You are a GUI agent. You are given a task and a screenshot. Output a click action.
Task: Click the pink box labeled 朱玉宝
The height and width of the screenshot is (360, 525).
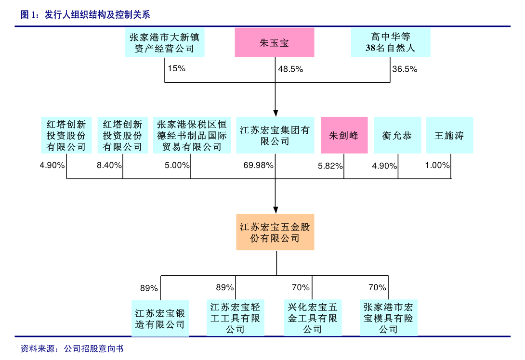275,42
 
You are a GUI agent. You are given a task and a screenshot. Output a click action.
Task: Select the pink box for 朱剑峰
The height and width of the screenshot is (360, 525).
344,135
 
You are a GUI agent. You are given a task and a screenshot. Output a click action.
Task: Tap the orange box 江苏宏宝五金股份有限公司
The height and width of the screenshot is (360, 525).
275,232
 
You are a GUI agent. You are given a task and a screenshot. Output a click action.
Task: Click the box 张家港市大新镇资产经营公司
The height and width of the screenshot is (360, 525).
165,42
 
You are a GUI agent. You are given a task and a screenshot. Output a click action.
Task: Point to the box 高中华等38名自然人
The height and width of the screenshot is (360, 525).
391,42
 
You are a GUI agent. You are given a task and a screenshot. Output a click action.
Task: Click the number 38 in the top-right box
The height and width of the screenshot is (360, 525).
370,48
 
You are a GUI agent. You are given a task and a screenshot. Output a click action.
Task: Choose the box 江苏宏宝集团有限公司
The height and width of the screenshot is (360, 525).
275,135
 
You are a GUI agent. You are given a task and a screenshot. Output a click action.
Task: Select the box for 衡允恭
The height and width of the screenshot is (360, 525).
397,135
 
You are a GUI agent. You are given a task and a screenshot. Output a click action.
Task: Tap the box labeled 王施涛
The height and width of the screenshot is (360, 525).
449,135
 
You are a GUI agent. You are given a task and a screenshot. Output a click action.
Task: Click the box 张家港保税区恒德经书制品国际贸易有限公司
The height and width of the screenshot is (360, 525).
192,135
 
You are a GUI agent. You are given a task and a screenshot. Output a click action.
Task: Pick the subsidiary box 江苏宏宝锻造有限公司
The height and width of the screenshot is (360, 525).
160,318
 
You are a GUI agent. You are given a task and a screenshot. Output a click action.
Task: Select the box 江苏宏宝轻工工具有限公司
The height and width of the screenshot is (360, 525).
236,318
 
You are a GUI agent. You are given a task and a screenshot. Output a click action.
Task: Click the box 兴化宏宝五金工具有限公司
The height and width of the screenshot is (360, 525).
313,318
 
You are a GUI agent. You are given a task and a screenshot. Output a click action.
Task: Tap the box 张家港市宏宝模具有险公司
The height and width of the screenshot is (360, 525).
388,318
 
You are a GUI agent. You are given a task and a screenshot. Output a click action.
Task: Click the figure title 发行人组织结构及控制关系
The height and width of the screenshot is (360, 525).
98,15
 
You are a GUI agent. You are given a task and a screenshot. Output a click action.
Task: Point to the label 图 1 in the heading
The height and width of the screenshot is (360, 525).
29,15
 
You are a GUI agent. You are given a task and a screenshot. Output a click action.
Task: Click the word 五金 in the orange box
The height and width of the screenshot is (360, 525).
295,227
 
